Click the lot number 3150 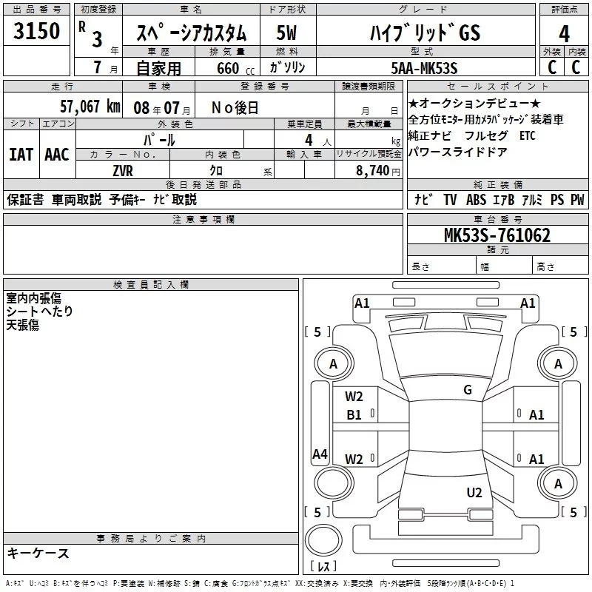tap(36, 33)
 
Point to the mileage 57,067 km tap(83, 107)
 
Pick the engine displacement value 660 tap(227, 68)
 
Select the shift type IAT tap(21, 154)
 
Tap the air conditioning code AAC tap(56, 154)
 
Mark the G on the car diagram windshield tap(467, 390)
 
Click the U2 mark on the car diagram tap(474, 493)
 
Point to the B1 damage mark tap(354, 415)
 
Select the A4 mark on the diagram tap(320, 454)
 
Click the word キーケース tap(38, 554)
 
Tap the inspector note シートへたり tap(40, 312)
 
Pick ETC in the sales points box tap(526, 135)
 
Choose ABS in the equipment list tap(475, 200)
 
